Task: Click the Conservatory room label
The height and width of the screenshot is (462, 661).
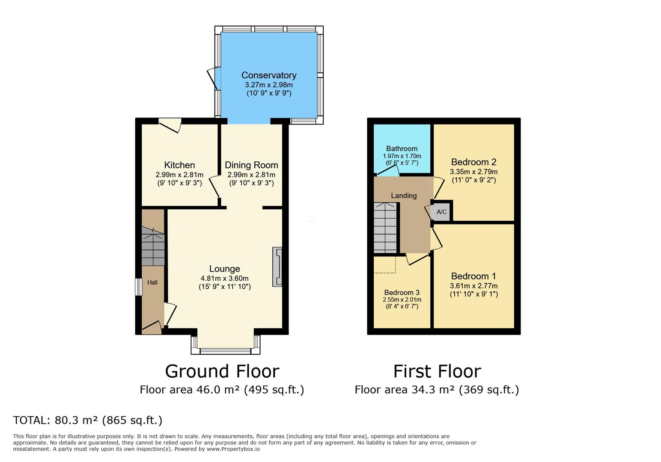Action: click(268, 75)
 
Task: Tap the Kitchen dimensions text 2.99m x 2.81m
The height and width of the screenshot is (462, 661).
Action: click(179, 175)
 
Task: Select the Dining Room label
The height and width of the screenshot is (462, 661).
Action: click(251, 165)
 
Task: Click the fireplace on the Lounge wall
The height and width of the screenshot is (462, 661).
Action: click(277, 267)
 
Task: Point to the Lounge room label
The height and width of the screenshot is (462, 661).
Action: click(224, 269)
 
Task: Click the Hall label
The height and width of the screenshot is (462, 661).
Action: click(152, 282)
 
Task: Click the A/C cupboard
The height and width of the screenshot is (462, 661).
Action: click(441, 212)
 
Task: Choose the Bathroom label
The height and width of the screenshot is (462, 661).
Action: click(402, 148)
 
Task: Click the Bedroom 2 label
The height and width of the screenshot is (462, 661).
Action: click(473, 162)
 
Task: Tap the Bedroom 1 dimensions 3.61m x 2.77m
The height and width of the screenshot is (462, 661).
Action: click(473, 286)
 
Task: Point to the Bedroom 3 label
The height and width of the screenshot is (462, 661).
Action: click(402, 293)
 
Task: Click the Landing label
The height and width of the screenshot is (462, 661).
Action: click(403, 195)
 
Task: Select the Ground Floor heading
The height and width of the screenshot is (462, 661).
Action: click(222, 371)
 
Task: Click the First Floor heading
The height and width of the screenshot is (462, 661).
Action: click(437, 371)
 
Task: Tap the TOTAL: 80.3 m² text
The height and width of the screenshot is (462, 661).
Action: click(88, 420)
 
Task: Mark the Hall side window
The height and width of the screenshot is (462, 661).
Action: click(138, 287)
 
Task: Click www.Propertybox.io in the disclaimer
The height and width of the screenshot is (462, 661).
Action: click(233, 449)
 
